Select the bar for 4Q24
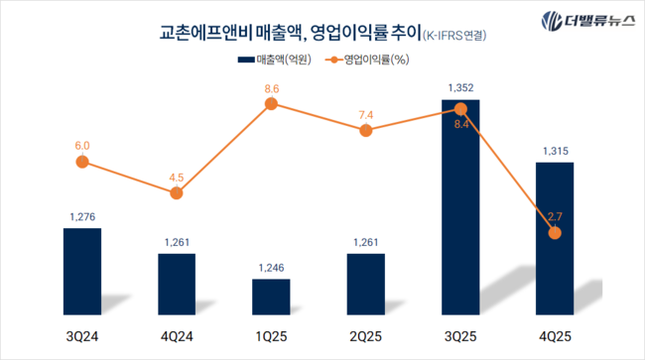[x=177, y=285]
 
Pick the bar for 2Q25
[x=366, y=285]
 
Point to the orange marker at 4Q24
[x=177, y=192]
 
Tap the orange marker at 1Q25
[x=271, y=107]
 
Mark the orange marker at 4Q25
[x=555, y=232]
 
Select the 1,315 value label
[x=555, y=151]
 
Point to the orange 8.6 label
[x=271, y=89]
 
